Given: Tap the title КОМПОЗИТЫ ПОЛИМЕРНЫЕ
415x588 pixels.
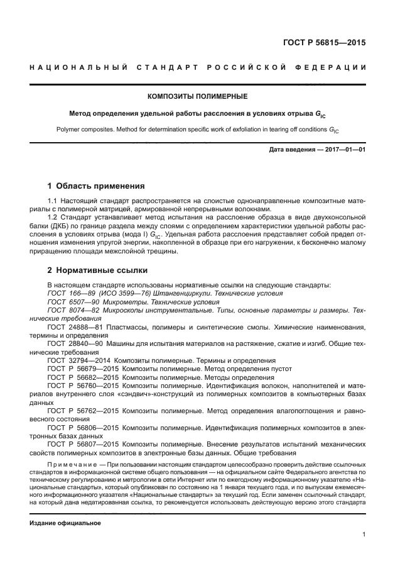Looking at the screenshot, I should coord(197,97).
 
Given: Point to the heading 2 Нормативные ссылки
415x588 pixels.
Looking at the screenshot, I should coord(98,271).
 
